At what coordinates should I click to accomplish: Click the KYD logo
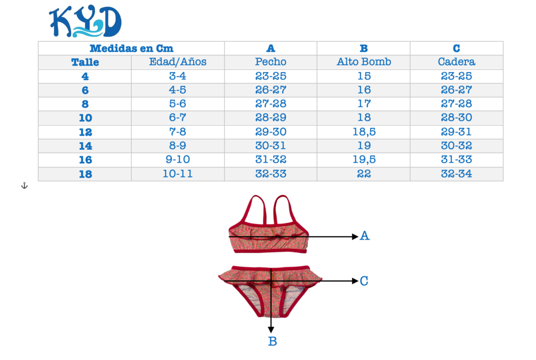[x=85, y=22]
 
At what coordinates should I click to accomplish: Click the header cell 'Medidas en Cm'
[x=131, y=49]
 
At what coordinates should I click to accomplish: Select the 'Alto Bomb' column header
[x=364, y=62]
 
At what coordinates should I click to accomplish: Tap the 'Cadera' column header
[x=456, y=62]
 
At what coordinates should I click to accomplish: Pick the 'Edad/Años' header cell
[x=178, y=62]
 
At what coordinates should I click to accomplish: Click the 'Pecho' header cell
[x=271, y=62]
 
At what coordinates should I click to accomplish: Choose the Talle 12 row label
[x=85, y=132]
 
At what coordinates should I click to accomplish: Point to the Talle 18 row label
[x=85, y=174]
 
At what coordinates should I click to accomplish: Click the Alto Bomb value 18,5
[x=364, y=132]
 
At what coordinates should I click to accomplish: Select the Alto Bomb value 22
[x=364, y=174]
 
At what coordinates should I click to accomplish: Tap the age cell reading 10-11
[x=178, y=174]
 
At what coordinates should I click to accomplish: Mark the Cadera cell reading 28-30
[x=456, y=118]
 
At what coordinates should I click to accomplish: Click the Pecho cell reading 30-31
[x=271, y=146]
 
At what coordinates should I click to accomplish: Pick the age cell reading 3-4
[x=178, y=76]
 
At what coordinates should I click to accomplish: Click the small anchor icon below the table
[x=24, y=186]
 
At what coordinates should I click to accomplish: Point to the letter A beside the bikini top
[x=365, y=237]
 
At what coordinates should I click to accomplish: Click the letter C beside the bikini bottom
[x=364, y=282]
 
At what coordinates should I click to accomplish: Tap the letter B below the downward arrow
[x=272, y=342]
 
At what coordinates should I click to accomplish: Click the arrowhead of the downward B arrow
[x=271, y=329]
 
